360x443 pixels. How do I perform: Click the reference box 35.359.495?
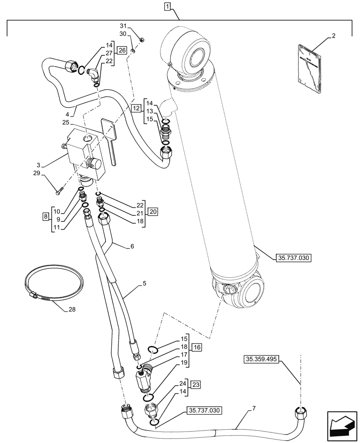pos(261,360)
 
